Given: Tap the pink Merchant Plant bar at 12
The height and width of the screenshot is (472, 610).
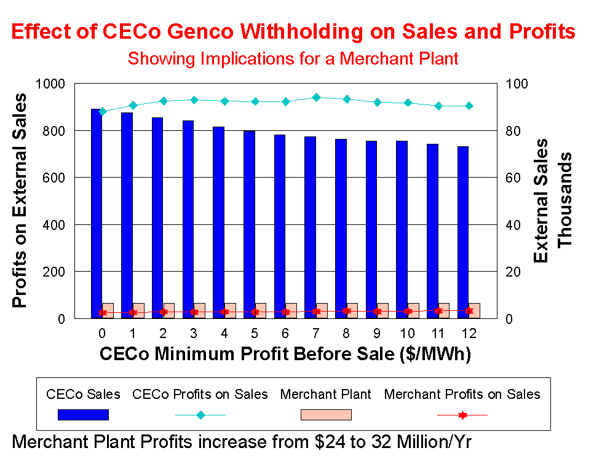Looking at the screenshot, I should (474, 310).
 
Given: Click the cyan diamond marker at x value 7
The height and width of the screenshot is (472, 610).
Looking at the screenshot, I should (316, 97).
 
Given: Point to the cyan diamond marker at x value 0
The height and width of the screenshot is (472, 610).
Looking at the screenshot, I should (103, 112).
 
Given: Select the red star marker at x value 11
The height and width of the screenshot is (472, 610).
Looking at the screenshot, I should (438, 311).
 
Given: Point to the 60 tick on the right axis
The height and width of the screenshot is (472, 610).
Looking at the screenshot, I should (513, 178).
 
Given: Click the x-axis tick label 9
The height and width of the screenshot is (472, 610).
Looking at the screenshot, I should (377, 334).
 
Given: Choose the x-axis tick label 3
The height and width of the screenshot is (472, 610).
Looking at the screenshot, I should (194, 334).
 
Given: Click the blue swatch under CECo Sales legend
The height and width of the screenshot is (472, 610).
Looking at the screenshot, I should (83, 415).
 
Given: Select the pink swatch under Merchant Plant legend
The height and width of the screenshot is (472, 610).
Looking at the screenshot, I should (326, 415).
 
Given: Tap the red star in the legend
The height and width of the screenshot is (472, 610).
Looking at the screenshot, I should (462, 415).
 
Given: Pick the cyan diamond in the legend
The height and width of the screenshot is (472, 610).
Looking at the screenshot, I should (200, 415).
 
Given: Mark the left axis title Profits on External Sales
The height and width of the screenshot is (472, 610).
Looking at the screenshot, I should (20, 200).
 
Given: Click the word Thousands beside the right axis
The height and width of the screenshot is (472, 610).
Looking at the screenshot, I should (564, 200).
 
